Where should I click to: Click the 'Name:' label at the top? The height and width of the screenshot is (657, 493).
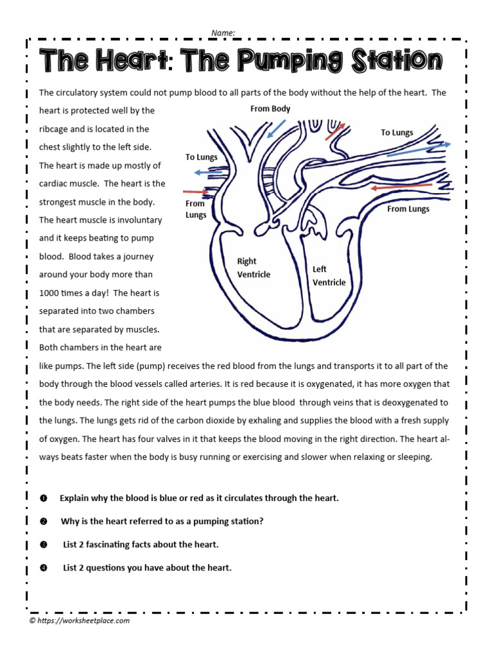tap(223, 32)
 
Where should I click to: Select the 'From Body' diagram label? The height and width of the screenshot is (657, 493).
tap(270, 109)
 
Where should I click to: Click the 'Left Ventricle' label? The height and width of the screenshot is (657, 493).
tap(329, 276)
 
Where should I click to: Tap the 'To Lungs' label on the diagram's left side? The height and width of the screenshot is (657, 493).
tap(202, 157)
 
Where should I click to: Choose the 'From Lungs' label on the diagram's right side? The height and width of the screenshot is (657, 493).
tap(408, 209)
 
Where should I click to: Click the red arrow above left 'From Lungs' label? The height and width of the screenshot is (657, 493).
tap(195, 191)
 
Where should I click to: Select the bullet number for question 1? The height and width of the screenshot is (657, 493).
tap(44, 499)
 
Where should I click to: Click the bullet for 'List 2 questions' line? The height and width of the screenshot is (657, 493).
tap(44, 568)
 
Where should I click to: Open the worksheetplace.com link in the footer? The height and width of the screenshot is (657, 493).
tap(84, 620)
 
